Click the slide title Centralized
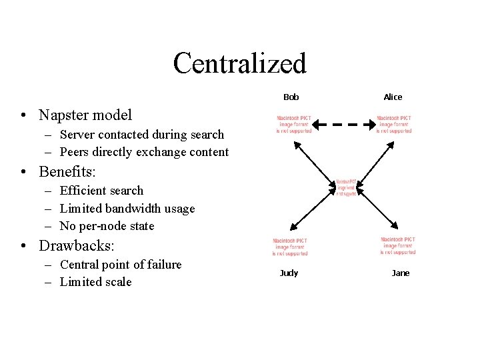pyautogui.click(x=239, y=63)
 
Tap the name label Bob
pyautogui.click(x=291, y=97)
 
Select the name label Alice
pyautogui.click(x=393, y=97)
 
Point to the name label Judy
pyautogui.click(x=289, y=273)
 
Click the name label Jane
pyautogui.click(x=401, y=273)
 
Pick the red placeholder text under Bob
pyautogui.click(x=294, y=124)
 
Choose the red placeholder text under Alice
pyautogui.click(x=394, y=124)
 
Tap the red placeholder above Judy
pyautogui.click(x=290, y=247)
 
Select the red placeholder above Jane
pyautogui.click(x=398, y=245)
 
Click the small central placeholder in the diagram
pyautogui.click(x=346, y=187)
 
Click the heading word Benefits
pyautogui.click(x=66, y=171)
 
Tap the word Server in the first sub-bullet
pyautogui.click(x=77, y=135)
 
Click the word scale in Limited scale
pyautogui.click(x=117, y=282)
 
